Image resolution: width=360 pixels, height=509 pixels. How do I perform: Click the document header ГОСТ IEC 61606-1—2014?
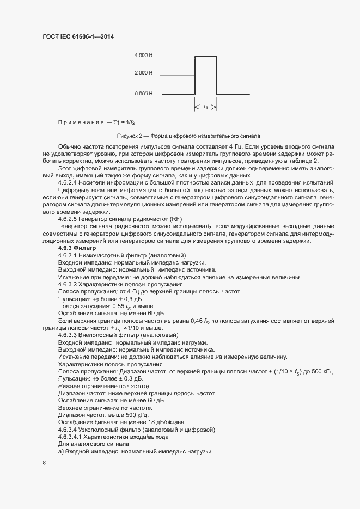[x=78, y=37]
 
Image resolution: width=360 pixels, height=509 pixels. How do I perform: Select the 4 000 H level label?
[x=144, y=56]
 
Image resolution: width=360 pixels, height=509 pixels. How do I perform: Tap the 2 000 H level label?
[x=144, y=72]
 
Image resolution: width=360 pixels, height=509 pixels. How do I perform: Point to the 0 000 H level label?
[x=144, y=94]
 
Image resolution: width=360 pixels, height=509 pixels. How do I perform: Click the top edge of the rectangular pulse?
[x=205, y=56]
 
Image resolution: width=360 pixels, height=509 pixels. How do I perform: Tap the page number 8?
[x=44, y=463]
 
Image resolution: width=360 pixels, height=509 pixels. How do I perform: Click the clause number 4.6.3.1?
[x=68, y=255]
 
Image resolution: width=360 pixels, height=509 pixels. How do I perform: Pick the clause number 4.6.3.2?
[x=68, y=284]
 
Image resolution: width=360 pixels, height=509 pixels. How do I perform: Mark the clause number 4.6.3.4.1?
[x=71, y=437]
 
